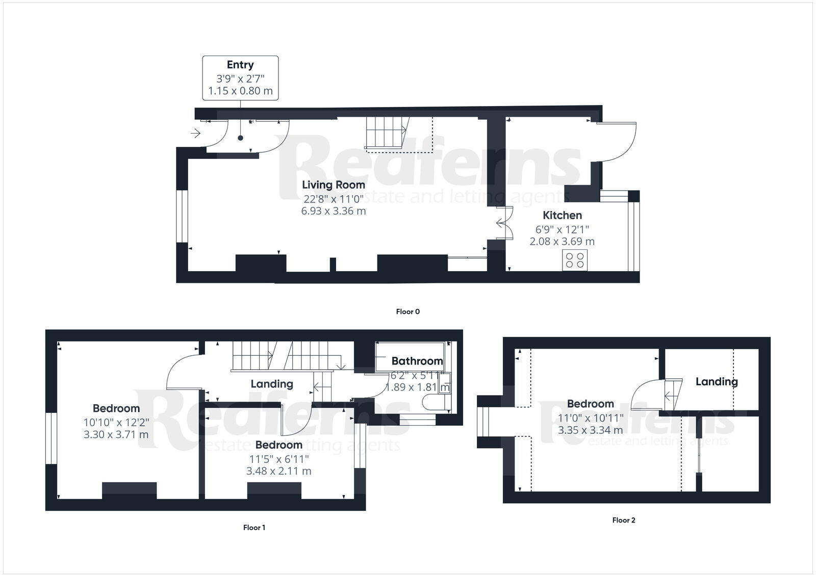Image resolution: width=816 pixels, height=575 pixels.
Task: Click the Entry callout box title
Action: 240,65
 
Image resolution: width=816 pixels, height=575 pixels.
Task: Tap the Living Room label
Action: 334,185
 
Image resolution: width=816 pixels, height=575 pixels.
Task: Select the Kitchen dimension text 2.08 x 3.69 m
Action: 562,241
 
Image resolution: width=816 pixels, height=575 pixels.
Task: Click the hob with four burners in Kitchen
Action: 575,260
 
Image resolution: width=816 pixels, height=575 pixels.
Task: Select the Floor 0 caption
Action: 407,311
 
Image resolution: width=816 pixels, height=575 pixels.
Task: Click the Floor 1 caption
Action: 254,528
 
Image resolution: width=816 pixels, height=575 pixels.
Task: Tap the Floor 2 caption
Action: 624,520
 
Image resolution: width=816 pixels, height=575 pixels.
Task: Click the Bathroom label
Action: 417,361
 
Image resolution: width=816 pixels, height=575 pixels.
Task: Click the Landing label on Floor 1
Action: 272,384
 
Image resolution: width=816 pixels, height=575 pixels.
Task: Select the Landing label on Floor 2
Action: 717,381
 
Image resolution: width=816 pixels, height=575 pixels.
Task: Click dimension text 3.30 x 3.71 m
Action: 116,435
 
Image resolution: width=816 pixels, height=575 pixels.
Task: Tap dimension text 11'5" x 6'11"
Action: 278,459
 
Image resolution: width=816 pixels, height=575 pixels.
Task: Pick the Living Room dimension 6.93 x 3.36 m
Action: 334,211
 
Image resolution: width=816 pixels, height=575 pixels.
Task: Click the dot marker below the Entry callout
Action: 240,138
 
